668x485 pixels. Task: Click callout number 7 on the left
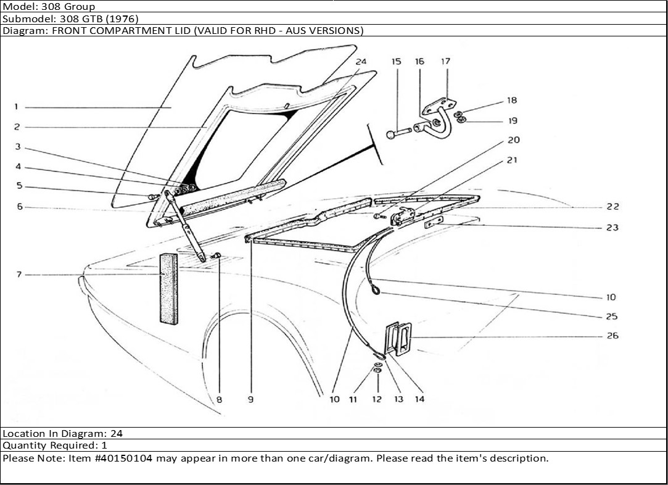[x=19, y=275]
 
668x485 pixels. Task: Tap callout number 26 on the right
[x=612, y=336]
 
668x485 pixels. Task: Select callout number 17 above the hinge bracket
[x=445, y=61]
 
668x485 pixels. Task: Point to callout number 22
[x=612, y=207]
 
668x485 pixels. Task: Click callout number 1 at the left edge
[x=17, y=107]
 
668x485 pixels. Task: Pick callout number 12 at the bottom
[x=377, y=399]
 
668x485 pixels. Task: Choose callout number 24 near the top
[x=361, y=61]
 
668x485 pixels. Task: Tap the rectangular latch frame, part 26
[x=398, y=339]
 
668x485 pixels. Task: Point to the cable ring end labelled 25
[x=376, y=291]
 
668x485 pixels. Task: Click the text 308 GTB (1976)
[x=99, y=19]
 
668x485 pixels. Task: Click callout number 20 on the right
[x=513, y=140]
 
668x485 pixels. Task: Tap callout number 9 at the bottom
[x=251, y=399]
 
